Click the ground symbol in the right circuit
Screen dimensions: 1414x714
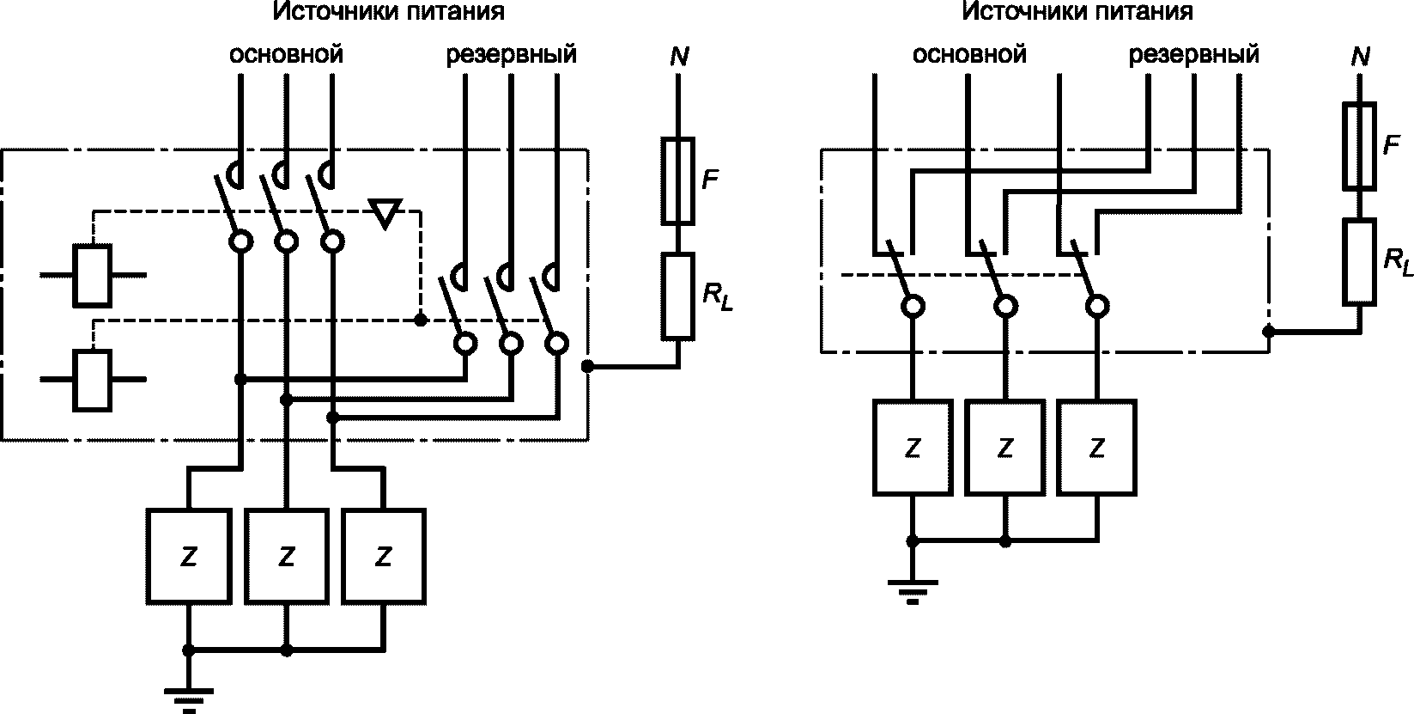(x=912, y=591)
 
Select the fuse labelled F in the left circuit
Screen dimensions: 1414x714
(x=678, y=180)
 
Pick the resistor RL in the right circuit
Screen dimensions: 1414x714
(x=1359, y=261)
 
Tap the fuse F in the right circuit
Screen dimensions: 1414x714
(x=1359, y=146)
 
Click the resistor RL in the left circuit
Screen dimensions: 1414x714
(x=678, y=296)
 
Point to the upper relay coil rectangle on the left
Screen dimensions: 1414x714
(x=93, y=276)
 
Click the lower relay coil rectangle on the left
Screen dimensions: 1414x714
(x=93, y=380)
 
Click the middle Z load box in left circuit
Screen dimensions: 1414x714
(x=287, y=557)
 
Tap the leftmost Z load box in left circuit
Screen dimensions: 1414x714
(x=188, y=557)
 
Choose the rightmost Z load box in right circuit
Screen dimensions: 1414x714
(x=1097, y=448)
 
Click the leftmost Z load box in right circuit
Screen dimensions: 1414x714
(x=913, y=448)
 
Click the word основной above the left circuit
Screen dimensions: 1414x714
(x=286, y=54)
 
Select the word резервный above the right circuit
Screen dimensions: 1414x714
(x=1193, y=55)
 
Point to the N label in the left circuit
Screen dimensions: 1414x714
(x=679, y=57)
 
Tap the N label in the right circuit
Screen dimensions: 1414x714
(x=1361, y=57)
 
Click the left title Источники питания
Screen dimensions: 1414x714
(x=388, y=11)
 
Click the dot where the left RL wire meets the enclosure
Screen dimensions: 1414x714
(x=587, y=366)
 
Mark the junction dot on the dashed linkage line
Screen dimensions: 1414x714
(x=421, y=320)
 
